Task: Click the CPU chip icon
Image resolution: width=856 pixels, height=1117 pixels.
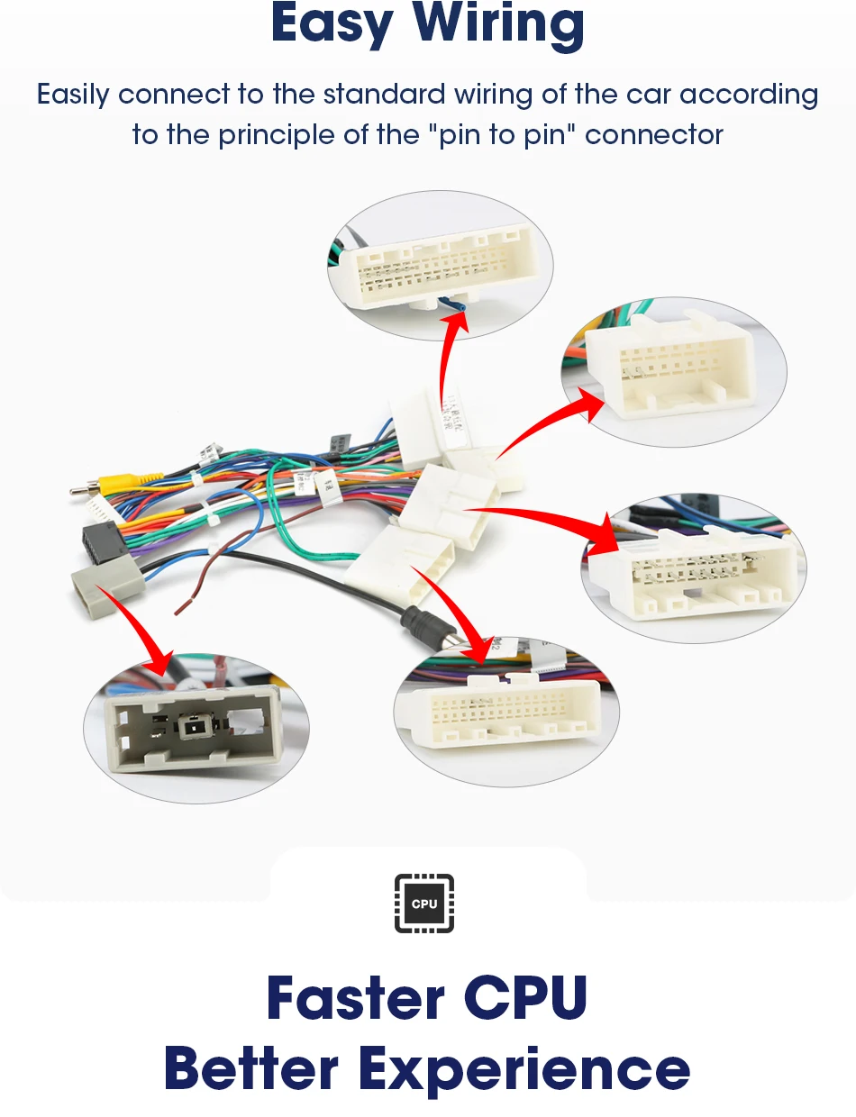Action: [x=424, y=904]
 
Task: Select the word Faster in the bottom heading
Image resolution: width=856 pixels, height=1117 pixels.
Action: [x=355, y=998]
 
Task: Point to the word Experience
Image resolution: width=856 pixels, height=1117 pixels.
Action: [x=525, y=1069]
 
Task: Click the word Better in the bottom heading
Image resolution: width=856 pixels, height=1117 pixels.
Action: [x=251, y=1069]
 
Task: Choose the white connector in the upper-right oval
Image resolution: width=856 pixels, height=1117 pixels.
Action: [x=668, y=364]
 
